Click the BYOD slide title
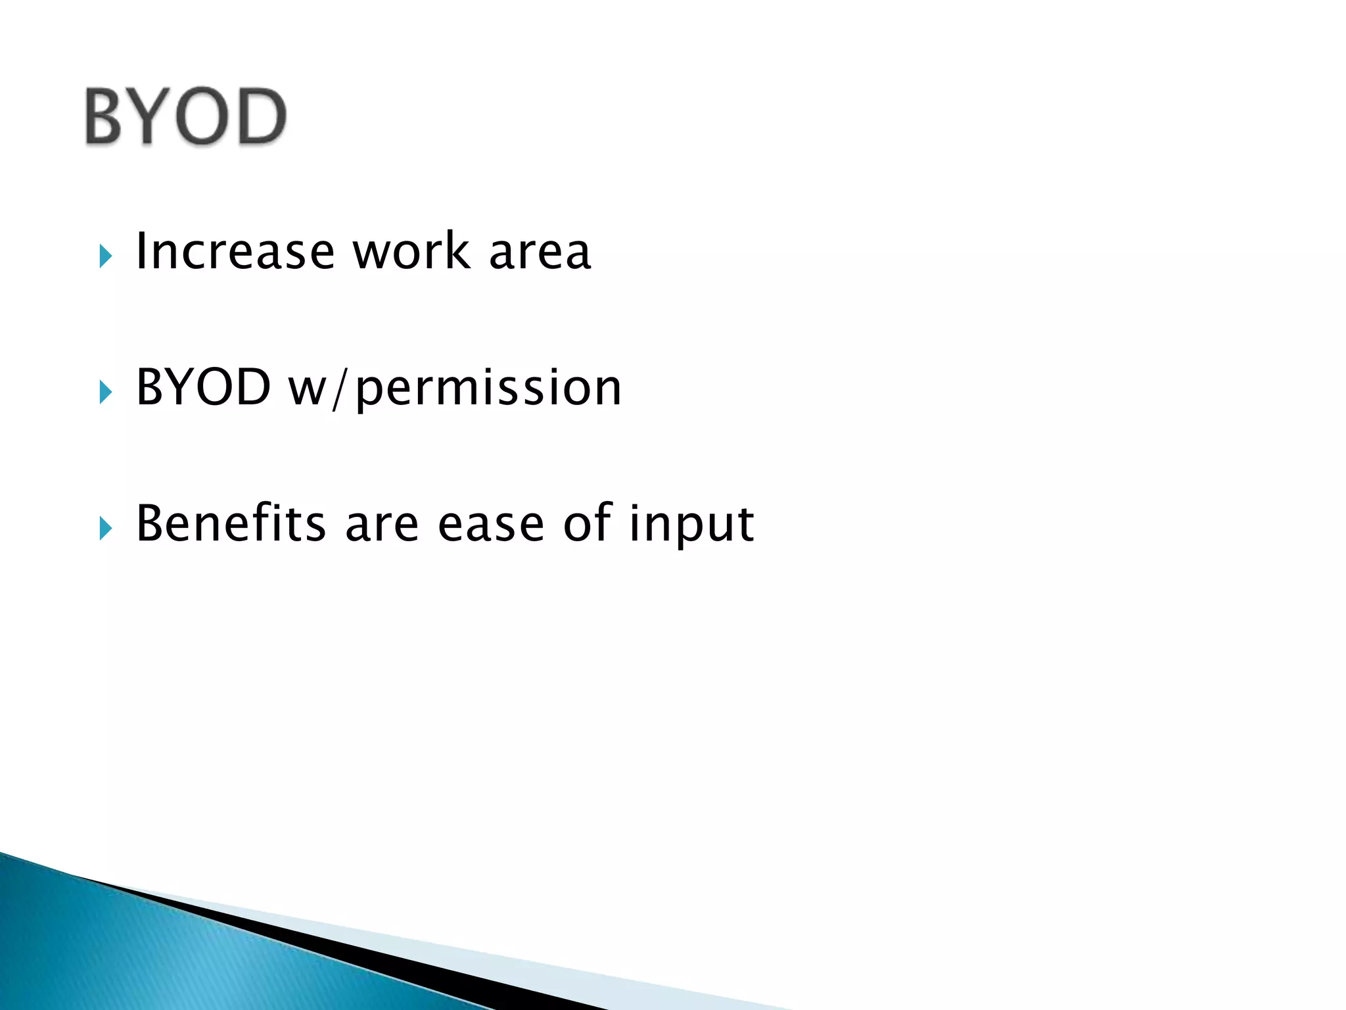pos(185,116)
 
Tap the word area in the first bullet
pos(540,253)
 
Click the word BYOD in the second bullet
pos(203,387)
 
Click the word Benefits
pos(231,523)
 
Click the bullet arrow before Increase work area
pos(106,256)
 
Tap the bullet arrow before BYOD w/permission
pos(106,392)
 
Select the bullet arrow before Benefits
pos(106,528)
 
